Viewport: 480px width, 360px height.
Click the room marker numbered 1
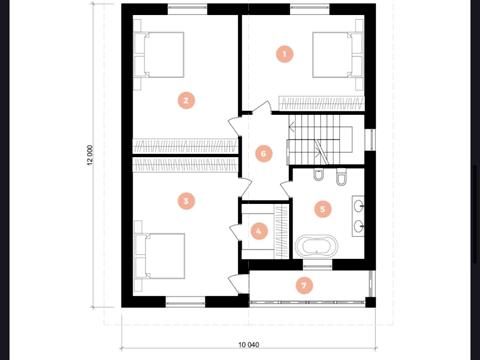click(x=285, y=54)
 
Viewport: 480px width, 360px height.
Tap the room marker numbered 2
click(x=186, y=100)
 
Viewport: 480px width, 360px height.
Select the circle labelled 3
click(x=186, y=201)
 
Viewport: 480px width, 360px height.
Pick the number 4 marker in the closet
click(x=259, y=231)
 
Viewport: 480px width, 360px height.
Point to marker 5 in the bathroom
click(x=323, y=209)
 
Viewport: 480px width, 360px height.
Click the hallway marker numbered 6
click(x=264, y=154)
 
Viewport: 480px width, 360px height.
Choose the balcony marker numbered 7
click(x=304, y=285)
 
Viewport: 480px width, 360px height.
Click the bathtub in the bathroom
click(x=316, y=246)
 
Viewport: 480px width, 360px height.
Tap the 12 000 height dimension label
click(x=90, y=156)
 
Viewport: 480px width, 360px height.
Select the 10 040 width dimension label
click(x=249, y=345)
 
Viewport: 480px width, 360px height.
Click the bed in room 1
click(x=337, y=55)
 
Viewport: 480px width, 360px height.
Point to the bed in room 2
click(x=159, y=55)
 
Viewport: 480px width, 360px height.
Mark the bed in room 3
click(x=160, y=256)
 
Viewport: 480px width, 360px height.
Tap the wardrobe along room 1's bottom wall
click(x=321, y=103)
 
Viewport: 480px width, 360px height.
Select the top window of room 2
click(x=188, y=9)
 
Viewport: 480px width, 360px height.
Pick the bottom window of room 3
click(x=186, y=302)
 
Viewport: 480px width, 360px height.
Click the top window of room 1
click(x=310, y=9)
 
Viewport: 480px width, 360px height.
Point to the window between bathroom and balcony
click(x=318, y=265)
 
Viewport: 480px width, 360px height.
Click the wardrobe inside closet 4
click(x=281, y=231)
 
